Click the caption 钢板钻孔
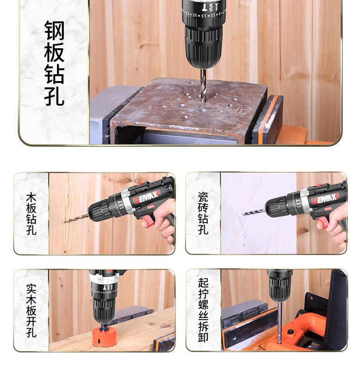[54, 63]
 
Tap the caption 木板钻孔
[31, 214]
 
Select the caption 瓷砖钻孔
[203, 213]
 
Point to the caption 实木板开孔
[31, 311]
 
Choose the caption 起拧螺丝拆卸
[203, 310]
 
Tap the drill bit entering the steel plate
[203, 85]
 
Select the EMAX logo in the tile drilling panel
[325, 199]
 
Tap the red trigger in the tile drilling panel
[324, 222]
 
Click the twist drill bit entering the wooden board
[77, 218]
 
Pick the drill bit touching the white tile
[252, 212]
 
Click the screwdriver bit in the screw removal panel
[279, 322]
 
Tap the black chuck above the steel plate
[203, 46]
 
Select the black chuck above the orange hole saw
[103, 309]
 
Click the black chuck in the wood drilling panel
[100, 210]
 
